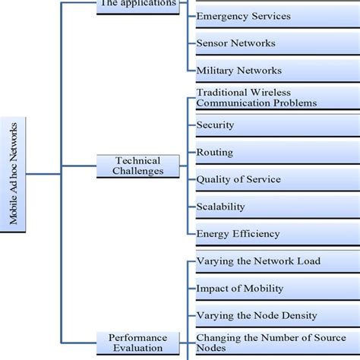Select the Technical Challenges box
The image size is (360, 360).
138,166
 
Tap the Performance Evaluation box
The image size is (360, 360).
138,343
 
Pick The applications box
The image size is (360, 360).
138,4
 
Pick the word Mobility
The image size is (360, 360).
262,289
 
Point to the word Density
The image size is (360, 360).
299,315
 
